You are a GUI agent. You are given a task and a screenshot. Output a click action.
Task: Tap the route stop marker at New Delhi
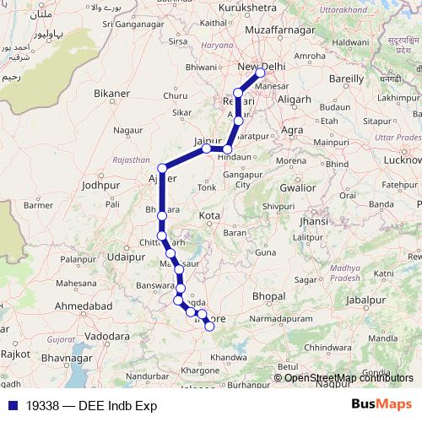(x=261, y=73)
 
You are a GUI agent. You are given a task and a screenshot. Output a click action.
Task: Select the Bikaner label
(x=112, y=93)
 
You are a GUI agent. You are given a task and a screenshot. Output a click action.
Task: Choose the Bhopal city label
(x=268, y=296)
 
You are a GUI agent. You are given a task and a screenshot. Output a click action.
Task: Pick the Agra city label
(x=293, y=131)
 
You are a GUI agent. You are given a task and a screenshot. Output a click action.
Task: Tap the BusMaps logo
(x=382, y=405)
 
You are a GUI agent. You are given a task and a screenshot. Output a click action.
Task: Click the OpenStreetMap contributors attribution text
(x=349, y=377)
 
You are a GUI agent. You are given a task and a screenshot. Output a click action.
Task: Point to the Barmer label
(x=39, y=204)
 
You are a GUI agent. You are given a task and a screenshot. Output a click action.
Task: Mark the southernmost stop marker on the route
(x=209, y=327)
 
